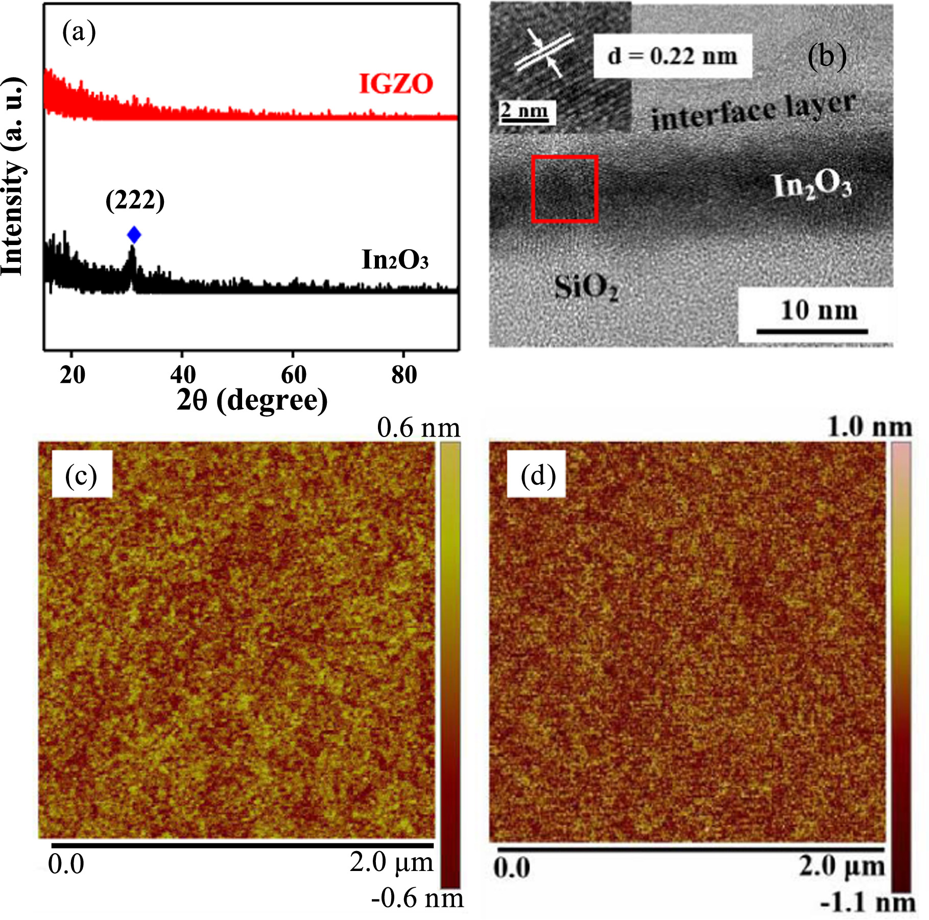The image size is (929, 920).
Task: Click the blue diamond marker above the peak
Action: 134,235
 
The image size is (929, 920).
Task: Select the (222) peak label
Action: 135,200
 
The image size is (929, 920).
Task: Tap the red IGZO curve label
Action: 396,84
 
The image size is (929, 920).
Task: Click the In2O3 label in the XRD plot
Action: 395,260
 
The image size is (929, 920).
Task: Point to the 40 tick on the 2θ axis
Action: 183,375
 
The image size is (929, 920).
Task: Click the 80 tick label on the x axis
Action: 404,375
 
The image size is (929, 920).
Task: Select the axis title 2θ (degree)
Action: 252,400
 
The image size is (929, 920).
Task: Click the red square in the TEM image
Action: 564,189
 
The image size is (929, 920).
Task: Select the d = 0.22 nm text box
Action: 672,56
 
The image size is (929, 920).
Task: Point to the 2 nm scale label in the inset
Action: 525,110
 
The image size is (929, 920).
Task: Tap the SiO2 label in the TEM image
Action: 586,287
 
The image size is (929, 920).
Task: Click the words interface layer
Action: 753,112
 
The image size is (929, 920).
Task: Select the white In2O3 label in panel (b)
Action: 812,186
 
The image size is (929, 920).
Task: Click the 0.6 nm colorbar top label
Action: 418,427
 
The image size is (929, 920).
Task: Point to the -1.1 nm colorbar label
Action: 867,903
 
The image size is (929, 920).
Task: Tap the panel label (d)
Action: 538,476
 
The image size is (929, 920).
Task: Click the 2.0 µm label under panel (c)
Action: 391,862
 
